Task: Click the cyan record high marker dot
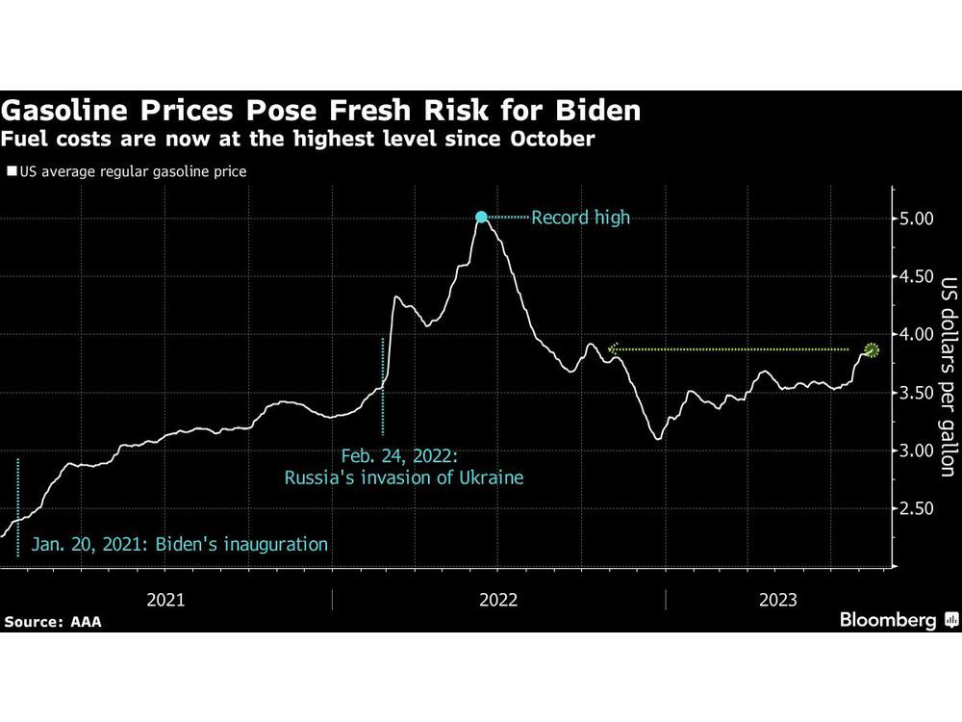[x=482, y=218]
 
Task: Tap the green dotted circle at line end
[x=872, y=349]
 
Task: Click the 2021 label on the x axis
[x=165, y=600]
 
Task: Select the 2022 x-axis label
[x=497, y=600]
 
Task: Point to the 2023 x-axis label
[x=777, y=600]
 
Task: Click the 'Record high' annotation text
[x=580, y=218]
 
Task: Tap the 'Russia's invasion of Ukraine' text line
[x=404, y=477]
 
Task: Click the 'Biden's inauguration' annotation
[x=180, y=545]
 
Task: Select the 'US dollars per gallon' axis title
[x=948, y=377]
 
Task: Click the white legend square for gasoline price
[x=12, y=172]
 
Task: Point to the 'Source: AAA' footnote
[x=52, y=622]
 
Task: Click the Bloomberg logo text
[x=888, y=620]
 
